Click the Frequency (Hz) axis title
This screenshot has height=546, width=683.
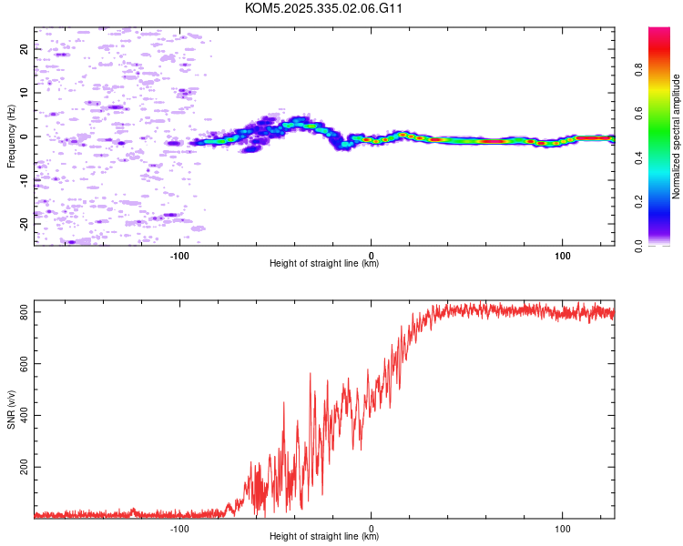coord(11,136)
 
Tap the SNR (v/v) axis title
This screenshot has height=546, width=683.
coord(11,409)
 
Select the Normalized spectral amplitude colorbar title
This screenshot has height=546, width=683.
coord(677,136)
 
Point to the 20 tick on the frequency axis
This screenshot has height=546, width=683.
coord(25,50)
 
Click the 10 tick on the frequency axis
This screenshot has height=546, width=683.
coord(25,93)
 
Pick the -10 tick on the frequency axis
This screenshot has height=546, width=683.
coord(25,180)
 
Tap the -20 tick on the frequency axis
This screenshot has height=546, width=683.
coord(25,223)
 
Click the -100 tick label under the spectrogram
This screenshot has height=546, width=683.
coord(179,256)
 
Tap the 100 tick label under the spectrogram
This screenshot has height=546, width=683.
coord(563,256)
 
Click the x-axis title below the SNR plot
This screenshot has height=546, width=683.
coord(324,537)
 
